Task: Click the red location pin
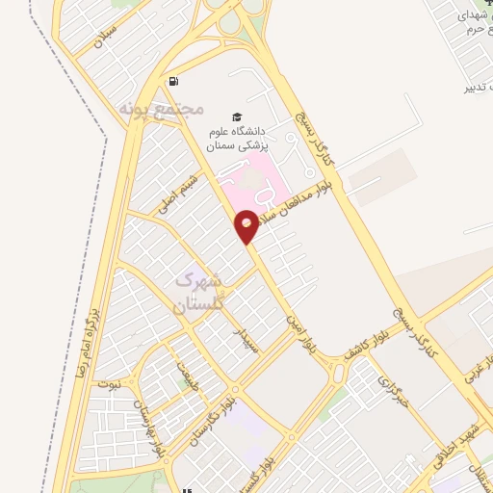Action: click(x=247, y=226)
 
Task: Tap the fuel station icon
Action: click(x=172, y=81)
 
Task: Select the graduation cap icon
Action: click(x=223, y=115)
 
